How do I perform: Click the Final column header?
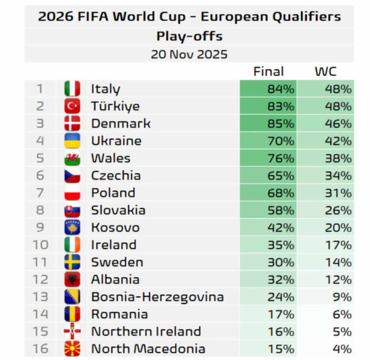pos(268,72)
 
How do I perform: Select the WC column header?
pos(326,72)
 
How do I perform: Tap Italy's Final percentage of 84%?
pos(281,89)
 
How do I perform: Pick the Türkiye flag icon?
pos(72,106)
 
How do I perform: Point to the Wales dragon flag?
pos(72,158)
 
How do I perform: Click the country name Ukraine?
pos(116,141)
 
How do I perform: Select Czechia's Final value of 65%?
pos(281,176)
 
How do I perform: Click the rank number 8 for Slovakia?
pos(40,210)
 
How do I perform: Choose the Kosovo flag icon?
pos(72,228)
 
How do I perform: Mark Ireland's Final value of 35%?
pos(281,245)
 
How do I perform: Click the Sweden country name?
pos(117,262)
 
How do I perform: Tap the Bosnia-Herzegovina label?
pos(157,297)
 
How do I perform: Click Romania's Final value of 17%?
pos(281,314)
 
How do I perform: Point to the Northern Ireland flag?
pos(72,332)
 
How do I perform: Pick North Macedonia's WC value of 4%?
pos(342,349)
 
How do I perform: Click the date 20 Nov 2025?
pos(189,54)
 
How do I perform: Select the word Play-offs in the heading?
pos(189,36)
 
